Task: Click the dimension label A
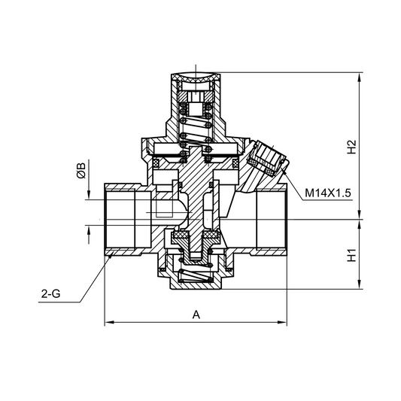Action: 196,315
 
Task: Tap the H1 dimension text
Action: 351,255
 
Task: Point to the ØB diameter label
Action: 81,171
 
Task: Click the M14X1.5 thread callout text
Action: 329,193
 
